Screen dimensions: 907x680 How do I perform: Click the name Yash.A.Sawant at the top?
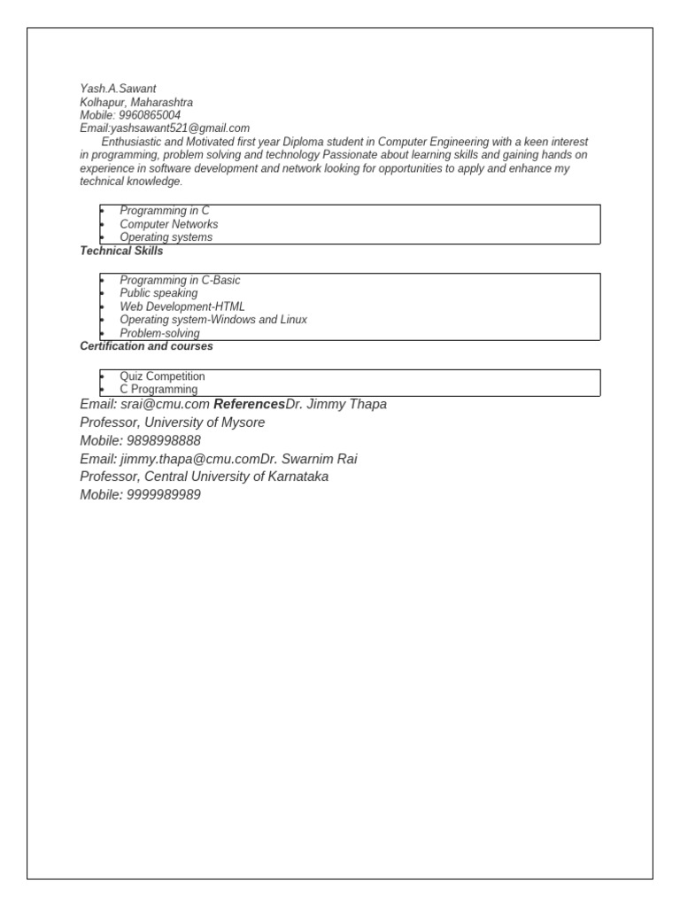[x=118, y=89]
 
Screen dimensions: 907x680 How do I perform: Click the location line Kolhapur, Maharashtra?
[x=136, y=102]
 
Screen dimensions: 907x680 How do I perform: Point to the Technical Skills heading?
[x=121, y=251]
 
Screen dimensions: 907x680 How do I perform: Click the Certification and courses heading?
[x=146, y=346]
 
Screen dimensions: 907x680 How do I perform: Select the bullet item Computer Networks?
[x=168, y=224]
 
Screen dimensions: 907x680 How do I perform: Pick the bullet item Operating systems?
[x=166, y=237]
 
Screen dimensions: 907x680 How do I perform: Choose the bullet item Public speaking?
[x=158, y=293]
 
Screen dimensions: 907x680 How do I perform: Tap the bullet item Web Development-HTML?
[x=182, y=306]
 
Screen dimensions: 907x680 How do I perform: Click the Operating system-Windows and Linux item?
[x=213, y=320]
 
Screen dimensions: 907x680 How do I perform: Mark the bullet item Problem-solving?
[x=159, y=333]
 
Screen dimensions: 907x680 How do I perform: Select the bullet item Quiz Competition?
[x=162, y=376]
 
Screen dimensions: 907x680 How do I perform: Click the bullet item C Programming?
[x=158, y=390]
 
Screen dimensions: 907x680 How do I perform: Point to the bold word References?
[x=250, y=405]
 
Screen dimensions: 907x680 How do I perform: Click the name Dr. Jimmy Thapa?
[x=336, y=405]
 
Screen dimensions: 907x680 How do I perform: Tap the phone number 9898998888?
[x=164, y=441]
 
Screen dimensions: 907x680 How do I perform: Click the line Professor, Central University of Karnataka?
[x=204, y=477]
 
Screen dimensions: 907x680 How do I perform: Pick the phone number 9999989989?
[x=164, y=495]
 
